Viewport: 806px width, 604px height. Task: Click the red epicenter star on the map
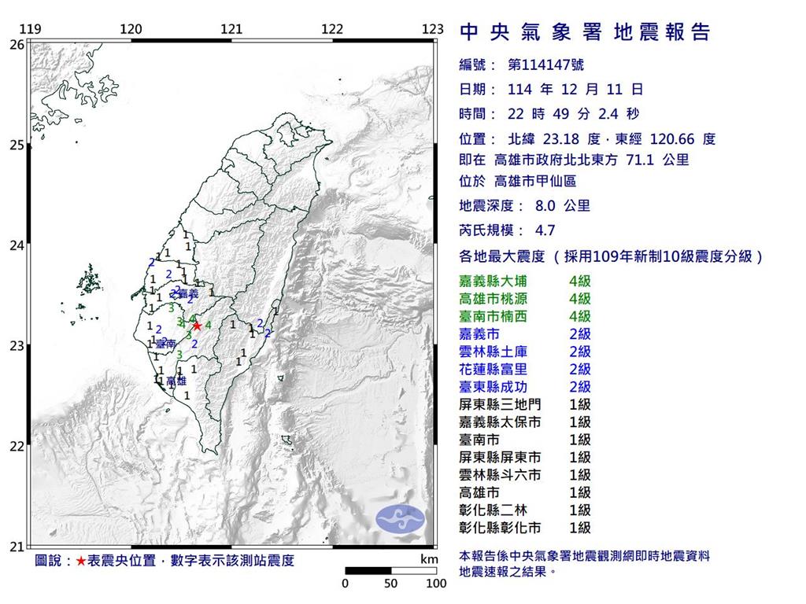(197, 325)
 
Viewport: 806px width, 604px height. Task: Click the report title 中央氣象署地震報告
(584, 32)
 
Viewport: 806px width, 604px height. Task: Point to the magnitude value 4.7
(544, 230)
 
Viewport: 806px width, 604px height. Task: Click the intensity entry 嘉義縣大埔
(495, 281)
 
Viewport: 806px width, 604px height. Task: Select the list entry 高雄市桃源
(495, 298)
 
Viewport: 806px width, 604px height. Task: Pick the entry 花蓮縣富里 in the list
(495, 369)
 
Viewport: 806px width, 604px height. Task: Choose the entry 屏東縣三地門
(501, 404)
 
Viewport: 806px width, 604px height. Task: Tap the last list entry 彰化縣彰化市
(501, 528)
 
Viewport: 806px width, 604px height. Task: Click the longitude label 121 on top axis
(231, 29)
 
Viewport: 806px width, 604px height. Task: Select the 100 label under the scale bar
(436, 584)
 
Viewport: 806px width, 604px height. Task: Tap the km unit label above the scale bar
(429, 559)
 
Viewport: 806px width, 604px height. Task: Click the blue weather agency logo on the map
(400, 517)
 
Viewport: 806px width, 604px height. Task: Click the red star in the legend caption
(81, 561)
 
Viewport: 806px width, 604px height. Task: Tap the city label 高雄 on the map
(177, 381)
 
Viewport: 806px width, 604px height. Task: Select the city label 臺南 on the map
(165, 344)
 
